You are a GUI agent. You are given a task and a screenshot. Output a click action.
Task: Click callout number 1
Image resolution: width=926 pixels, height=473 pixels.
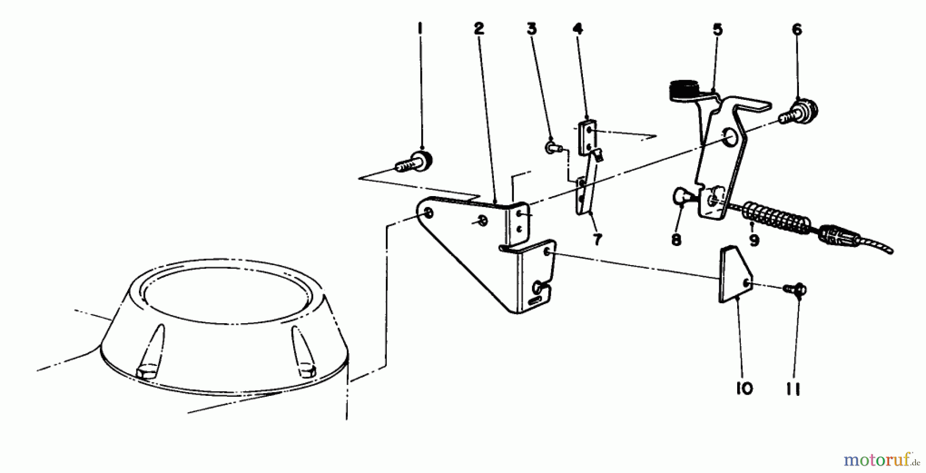[420, 29]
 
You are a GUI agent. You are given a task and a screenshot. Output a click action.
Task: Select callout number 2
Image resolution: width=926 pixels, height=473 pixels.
[479, 29]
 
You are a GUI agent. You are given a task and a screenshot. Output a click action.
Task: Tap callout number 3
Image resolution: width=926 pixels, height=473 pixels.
[531, 29]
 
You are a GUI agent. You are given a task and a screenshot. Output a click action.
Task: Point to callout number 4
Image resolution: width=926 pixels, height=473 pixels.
[578, 29]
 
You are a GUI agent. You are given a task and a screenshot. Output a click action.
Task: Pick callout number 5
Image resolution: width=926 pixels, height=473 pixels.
[718, 30]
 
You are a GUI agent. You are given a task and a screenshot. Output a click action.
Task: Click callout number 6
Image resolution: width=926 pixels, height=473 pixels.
[797, 30]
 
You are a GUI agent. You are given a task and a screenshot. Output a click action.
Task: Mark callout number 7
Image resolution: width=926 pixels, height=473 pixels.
[597, 240]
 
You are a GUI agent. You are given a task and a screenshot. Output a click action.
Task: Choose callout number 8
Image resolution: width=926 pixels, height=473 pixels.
[676, 240]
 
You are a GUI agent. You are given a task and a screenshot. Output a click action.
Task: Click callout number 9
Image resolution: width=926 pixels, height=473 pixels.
[754, 240]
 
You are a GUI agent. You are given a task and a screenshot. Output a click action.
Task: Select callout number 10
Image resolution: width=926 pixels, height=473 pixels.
[744, 389]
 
